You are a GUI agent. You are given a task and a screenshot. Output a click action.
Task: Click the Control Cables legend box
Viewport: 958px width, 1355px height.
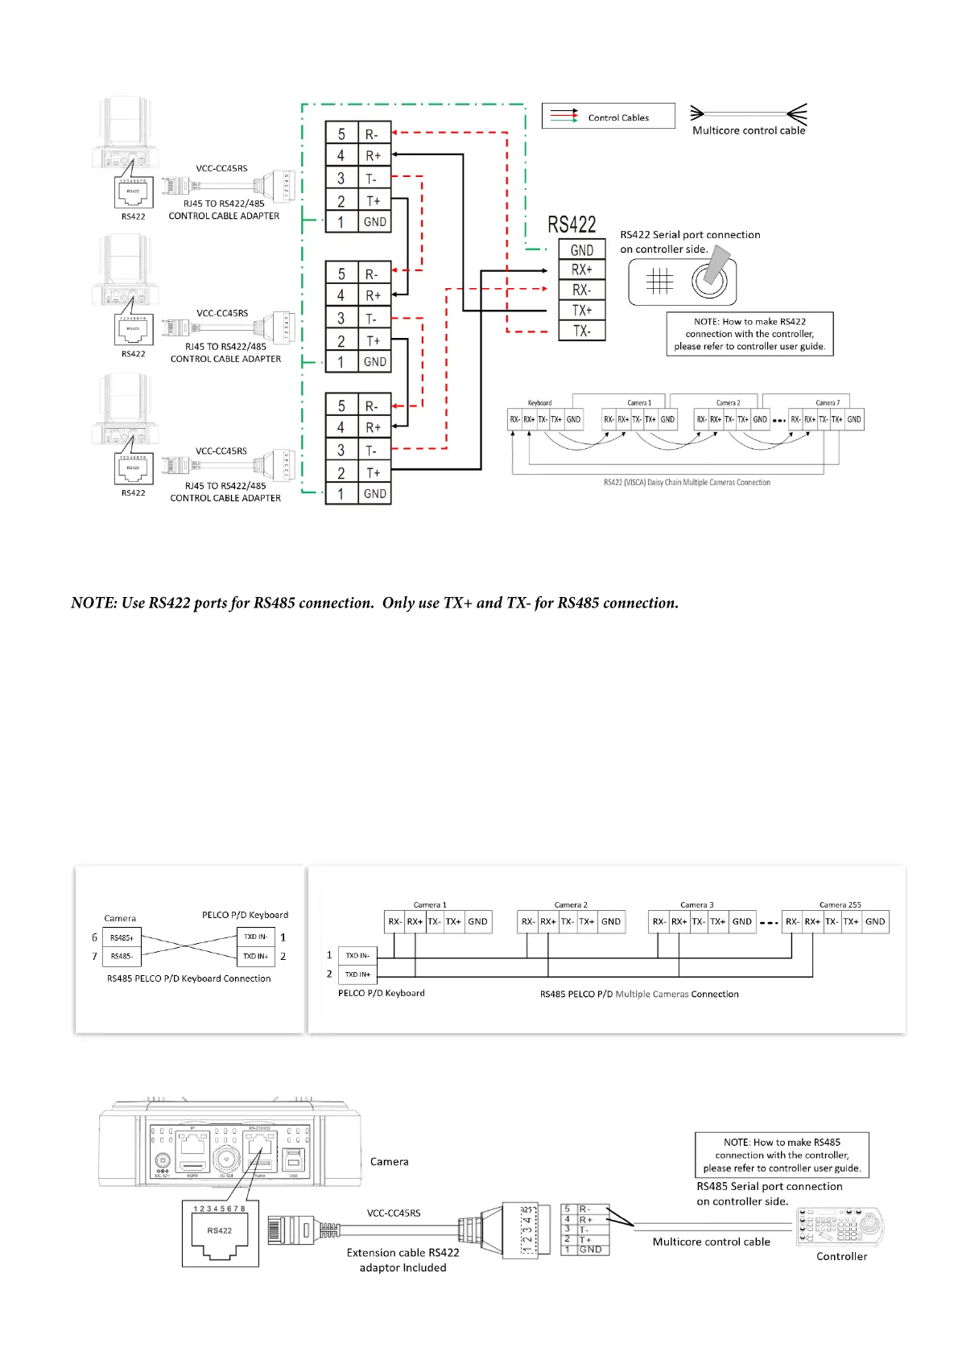608,116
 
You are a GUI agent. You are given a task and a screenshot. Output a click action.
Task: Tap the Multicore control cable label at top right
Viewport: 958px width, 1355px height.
749,130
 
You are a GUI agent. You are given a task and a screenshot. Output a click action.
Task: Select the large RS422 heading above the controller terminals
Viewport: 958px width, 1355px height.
572,224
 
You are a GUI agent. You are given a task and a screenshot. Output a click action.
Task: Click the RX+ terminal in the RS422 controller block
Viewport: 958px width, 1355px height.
582,270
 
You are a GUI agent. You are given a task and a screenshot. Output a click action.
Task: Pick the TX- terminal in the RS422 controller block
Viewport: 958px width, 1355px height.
582,331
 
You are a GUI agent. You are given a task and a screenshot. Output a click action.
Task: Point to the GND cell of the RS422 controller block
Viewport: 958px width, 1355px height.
582,250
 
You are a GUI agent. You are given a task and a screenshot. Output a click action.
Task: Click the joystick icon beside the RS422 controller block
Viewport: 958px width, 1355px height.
711,276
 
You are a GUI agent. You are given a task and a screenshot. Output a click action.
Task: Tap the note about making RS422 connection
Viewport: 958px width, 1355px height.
749,334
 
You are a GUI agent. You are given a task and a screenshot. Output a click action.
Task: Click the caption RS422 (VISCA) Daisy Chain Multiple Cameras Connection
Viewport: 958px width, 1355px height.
687,483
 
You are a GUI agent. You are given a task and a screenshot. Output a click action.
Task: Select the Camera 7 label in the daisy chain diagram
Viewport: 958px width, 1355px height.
827,403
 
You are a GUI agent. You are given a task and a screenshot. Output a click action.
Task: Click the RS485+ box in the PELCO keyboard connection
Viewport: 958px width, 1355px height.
122,938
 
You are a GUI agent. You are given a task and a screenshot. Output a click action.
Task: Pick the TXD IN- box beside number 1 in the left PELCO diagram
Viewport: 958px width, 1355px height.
256,937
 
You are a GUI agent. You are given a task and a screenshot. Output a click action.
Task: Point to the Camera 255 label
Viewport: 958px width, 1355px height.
840,904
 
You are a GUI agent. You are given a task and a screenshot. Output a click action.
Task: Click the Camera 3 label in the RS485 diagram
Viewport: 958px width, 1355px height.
696,904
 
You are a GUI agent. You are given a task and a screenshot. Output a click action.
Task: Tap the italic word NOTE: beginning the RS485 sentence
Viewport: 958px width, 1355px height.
94,603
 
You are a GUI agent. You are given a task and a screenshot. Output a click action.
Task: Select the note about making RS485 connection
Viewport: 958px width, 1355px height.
782,1155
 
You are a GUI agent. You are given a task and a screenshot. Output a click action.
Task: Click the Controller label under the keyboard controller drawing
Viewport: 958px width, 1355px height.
841,1256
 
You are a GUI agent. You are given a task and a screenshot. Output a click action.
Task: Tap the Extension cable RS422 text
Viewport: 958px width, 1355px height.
403,1253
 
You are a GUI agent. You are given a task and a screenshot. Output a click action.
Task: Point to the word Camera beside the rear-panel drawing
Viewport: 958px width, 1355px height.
389,1162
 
